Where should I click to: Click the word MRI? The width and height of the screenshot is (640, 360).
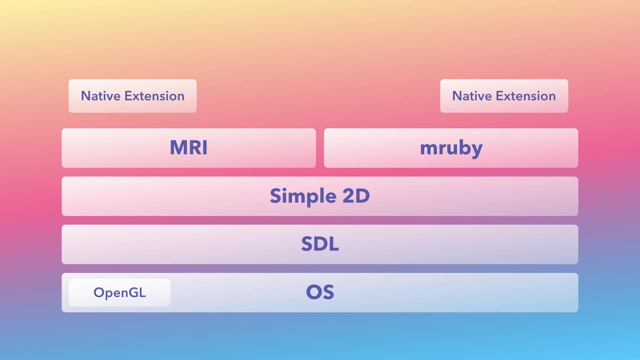click(x=188, y=148)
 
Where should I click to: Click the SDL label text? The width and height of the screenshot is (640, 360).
click(x=320, y=244)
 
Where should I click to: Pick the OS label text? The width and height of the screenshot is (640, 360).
click(x=320, y=292)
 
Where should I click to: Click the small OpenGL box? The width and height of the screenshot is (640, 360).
click(x=120, y=292)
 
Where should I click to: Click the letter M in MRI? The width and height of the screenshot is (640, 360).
click(x=178, y=148)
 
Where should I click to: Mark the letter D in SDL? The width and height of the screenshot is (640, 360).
click(x=322, y=244)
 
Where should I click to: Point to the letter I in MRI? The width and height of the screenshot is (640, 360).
click(x=205, y=148)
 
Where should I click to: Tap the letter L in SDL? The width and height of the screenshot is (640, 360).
click(x=334, y=244)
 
